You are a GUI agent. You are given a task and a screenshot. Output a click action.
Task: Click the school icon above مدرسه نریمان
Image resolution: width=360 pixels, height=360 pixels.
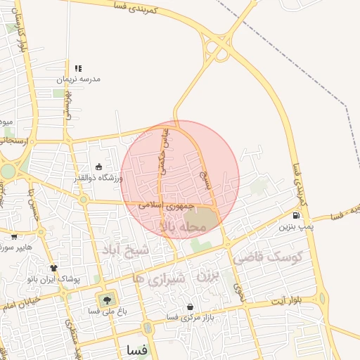pyautogui.click(x=78, y=68)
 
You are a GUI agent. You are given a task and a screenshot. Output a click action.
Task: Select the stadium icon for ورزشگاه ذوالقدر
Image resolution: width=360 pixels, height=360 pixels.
pyautogui.click(x=98, y=167)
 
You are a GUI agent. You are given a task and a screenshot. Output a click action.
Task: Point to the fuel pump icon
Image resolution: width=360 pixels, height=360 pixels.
pyautogui.click(x=296, y=216)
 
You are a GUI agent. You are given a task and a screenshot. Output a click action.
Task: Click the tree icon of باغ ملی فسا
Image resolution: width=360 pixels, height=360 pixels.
pyautogui.click(x=107, y=300)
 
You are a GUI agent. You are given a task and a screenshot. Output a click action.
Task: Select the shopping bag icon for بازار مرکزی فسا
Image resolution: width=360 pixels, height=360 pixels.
pyautogui.click(x=190, y=307)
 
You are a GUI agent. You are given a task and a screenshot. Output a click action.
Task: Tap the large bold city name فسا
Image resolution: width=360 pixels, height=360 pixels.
pyautogui.click(x=137, y=349)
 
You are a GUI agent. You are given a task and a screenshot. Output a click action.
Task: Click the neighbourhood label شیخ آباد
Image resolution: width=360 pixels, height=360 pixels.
pyautogui.click(x=126, y=251)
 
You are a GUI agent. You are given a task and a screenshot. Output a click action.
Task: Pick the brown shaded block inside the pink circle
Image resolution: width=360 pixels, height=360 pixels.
pyautogui.click(x=203, y=220)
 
